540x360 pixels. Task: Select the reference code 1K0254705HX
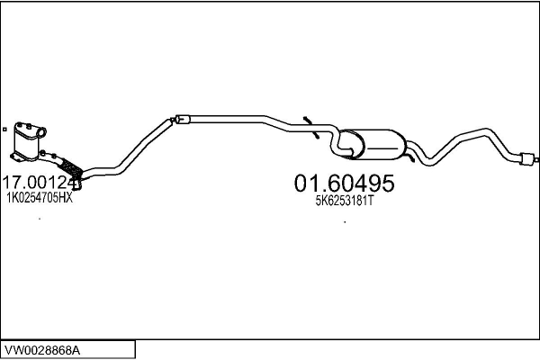click(x=40, y=198)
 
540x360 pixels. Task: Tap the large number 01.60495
click(x=344, y=184)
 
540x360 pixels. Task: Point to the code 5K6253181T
click(x=344, y=201)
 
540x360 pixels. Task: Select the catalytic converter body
click(x=31, y=139)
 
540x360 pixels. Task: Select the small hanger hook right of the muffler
click(x=410, y=158)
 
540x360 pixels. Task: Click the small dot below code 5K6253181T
click(x=345, y=221)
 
